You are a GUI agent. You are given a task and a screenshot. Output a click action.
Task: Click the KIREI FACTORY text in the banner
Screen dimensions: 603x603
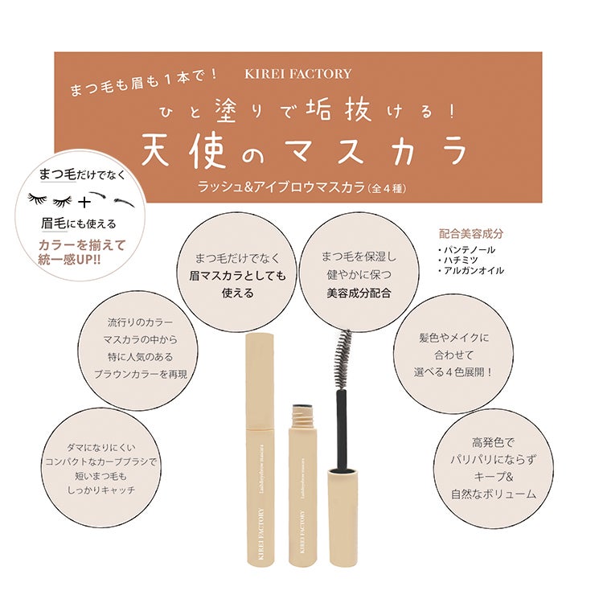298,74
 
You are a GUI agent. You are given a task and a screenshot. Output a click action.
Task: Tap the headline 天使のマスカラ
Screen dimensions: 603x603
305,151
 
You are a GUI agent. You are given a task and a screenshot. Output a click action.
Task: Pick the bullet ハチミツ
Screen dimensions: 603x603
457,260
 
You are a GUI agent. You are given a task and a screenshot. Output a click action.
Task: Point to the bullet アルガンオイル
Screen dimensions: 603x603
470,271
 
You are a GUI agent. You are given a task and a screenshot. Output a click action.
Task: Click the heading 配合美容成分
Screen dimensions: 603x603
470,234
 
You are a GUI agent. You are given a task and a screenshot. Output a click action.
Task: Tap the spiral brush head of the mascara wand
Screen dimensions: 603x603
343,359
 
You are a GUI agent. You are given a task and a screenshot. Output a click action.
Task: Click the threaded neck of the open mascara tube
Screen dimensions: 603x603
302,414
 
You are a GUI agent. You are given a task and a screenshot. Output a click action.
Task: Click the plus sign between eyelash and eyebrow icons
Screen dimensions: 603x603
84,202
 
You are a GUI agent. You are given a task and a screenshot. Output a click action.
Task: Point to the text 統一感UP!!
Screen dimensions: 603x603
70,260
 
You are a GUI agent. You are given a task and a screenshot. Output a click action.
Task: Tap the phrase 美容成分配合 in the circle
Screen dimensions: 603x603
359,293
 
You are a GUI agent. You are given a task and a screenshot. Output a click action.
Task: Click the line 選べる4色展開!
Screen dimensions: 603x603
453,372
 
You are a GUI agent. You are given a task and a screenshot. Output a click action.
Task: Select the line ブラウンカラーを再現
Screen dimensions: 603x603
141,374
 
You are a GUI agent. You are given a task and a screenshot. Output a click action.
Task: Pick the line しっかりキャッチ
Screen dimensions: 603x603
101,490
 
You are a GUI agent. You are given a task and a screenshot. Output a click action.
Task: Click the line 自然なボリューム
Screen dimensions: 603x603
494,494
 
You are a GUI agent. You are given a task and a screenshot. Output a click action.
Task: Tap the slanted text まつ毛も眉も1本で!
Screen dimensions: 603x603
143,81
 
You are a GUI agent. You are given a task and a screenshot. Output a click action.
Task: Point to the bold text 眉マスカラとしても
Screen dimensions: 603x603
237,276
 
